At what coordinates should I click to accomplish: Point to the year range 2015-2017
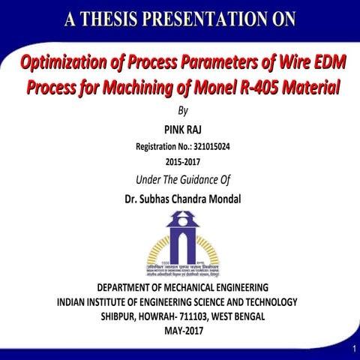[x=179, y=161]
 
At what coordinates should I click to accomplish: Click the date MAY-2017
[x=182, y=331]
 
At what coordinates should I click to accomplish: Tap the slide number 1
[x=352, y=351]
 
